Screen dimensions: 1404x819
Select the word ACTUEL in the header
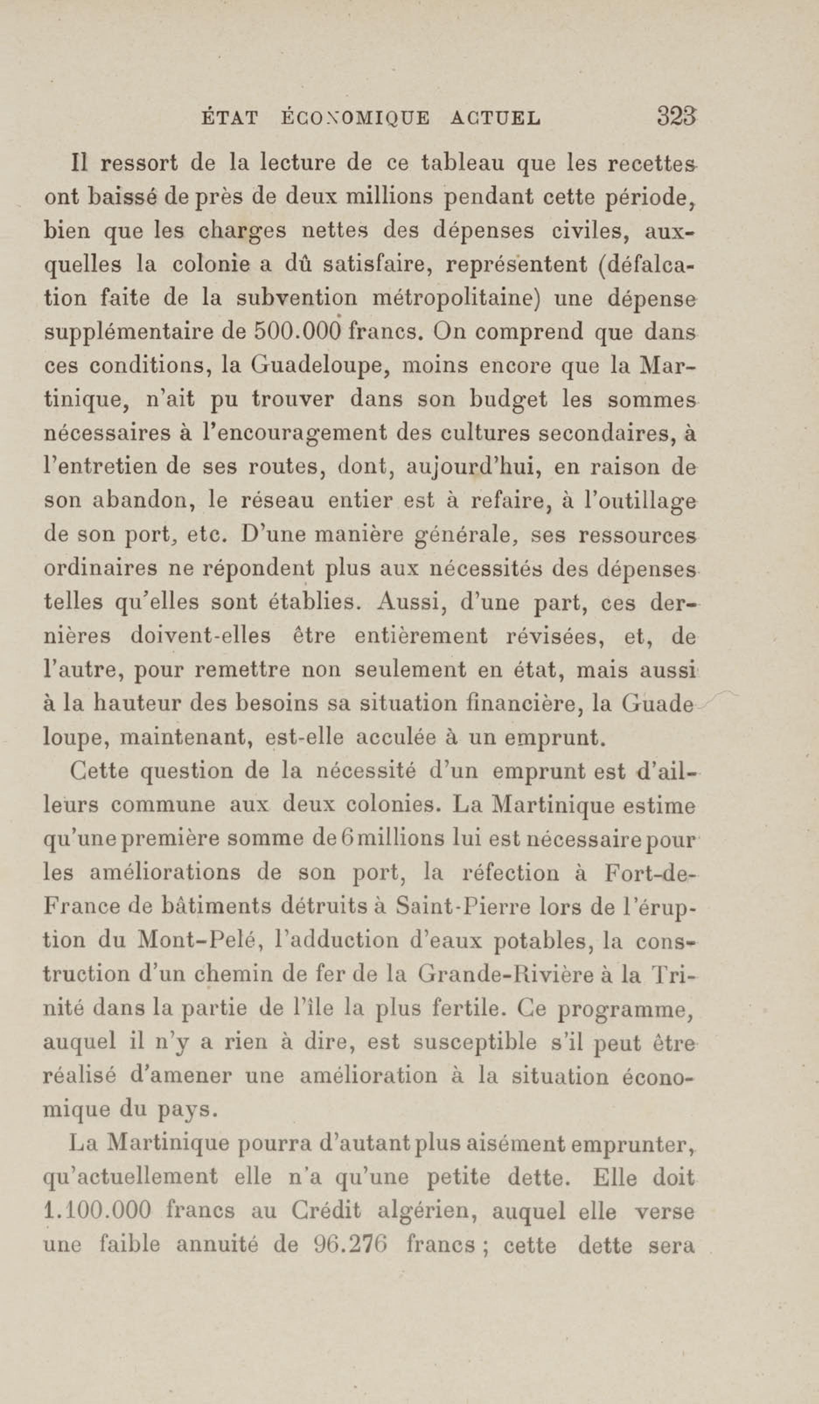click(x=494, y=118)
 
